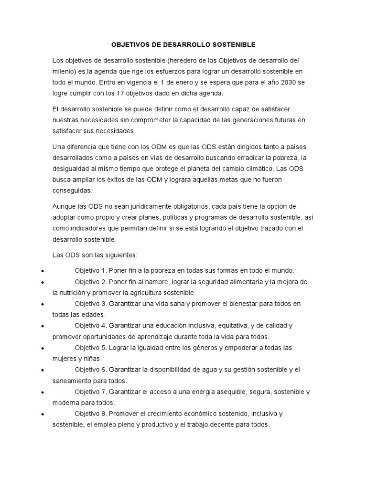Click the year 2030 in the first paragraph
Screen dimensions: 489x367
296,82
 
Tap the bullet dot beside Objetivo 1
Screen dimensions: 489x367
43,270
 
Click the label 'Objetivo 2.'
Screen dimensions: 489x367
90,281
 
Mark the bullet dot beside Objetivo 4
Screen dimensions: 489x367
43,326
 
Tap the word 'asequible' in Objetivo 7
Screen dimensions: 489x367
230,392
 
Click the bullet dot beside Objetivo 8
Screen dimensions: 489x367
43,414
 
